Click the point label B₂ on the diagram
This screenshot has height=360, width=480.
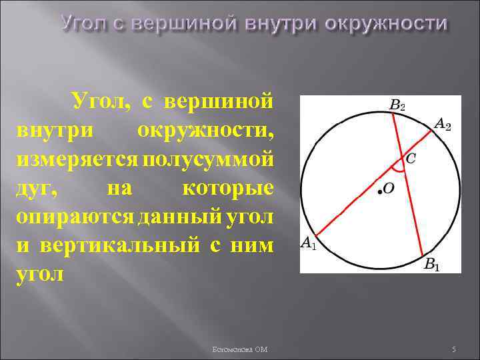pos(397,105)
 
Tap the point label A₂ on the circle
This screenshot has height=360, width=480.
pos(443,124)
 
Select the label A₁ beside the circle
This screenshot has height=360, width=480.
pos(309,244)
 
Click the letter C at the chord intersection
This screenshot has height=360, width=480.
pos(411,158)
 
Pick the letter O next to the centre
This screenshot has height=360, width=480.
pos(388,189)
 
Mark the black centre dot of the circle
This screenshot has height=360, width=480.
pos(378,191)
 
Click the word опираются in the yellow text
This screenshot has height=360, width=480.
pos(73,217)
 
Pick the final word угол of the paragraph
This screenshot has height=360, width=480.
pos(40,274)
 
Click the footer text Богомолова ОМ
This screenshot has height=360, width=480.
pos(239,349)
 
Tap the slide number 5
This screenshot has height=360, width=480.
pos(453,349)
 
